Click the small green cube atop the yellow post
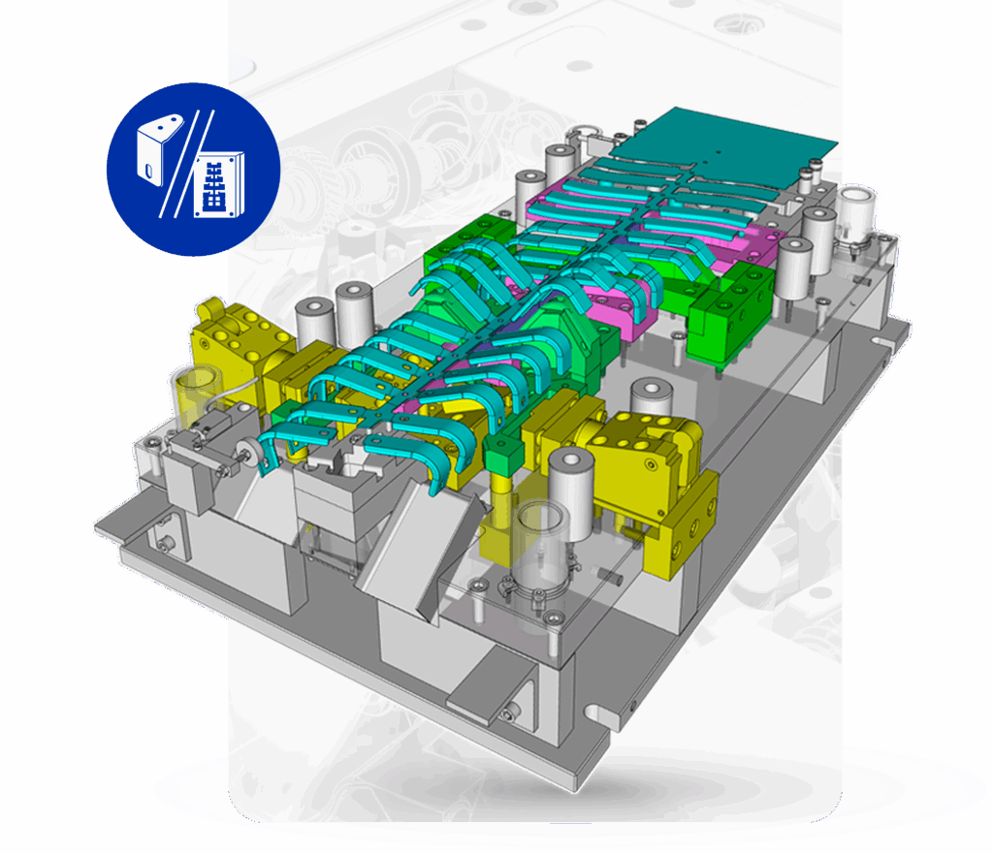coord(500,452)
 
